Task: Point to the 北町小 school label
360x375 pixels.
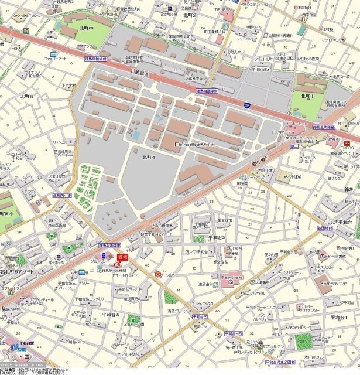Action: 308,96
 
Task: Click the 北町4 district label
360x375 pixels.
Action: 148,158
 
